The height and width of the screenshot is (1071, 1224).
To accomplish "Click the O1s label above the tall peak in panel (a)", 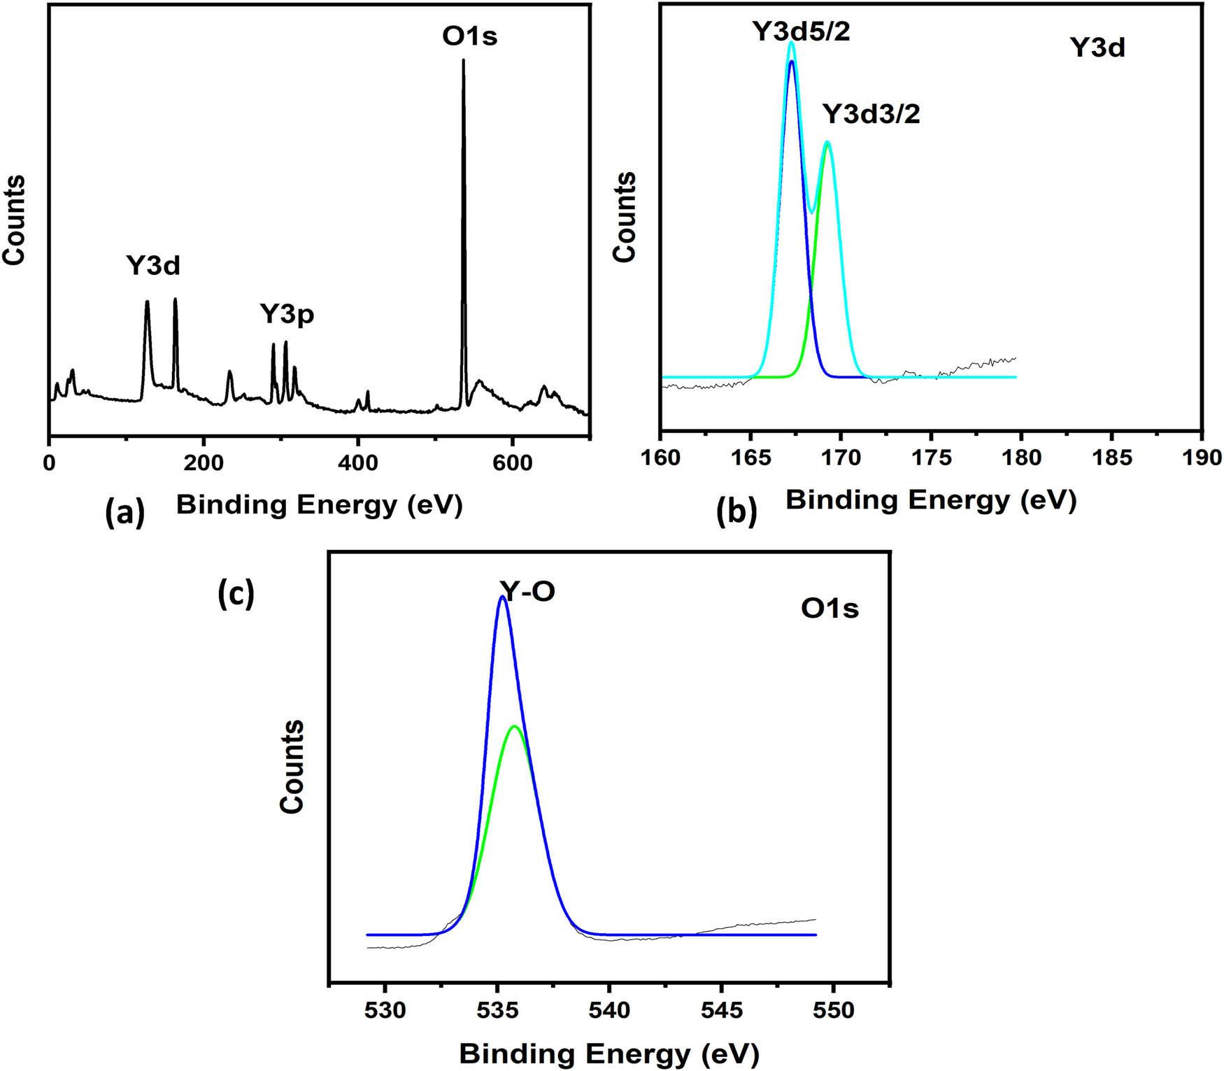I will point(469,36).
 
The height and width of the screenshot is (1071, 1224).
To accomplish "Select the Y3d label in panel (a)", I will point(153,266).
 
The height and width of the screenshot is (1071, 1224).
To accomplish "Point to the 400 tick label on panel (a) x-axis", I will point(357,462).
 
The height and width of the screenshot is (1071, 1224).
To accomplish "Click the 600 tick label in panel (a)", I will point(512,462).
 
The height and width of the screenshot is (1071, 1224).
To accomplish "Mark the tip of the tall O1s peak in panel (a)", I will point(463,60).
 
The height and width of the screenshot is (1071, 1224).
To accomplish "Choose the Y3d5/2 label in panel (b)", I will point(801,31).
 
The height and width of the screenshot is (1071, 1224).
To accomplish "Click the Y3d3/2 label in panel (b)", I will point(871,113).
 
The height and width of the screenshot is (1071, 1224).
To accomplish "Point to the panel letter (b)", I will point(736,513).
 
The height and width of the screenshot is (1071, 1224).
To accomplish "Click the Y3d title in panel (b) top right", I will point(1097,48).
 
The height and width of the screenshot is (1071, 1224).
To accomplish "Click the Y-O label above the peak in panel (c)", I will point(527,591).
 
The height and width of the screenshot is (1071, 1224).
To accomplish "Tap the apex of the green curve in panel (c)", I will point(515,726).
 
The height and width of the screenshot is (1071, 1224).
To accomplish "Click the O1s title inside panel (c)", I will point(830,609).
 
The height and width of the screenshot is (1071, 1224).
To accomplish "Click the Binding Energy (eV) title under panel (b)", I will point(930,499).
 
